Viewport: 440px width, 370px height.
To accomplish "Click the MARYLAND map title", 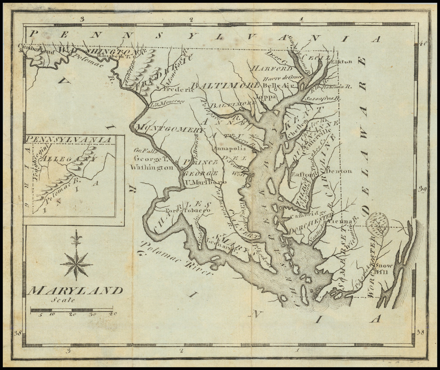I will (x=75, y=291).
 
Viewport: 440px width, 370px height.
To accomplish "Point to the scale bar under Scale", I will (x=71, y=309).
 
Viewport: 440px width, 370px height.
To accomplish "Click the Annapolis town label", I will (x=232, y=149).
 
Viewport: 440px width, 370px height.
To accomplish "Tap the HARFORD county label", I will (x=272, y=68).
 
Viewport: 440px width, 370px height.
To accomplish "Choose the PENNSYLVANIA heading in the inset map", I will (x=69, y=140).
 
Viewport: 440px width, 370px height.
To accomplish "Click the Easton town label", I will (x=302, y=174).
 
